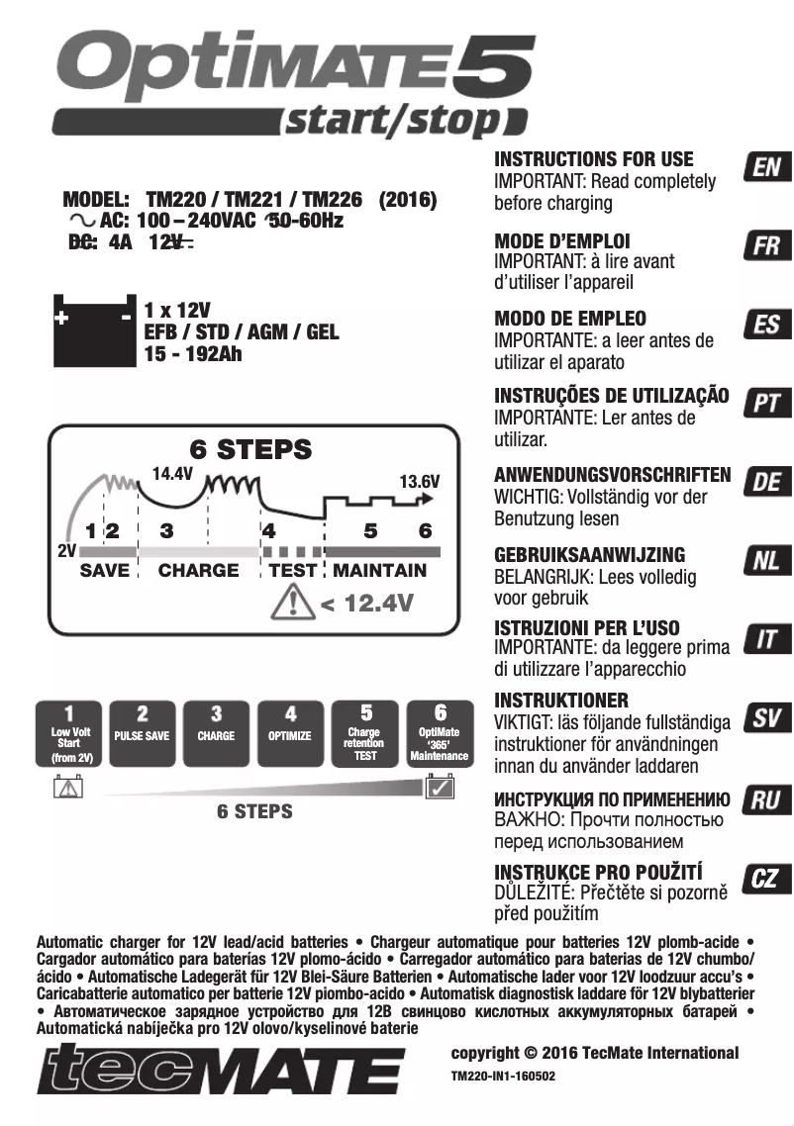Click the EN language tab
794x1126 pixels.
tap(766, 168)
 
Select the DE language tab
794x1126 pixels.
tap(766, 483)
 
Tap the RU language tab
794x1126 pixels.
tap(766, 799)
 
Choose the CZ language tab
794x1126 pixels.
tap(766, 878)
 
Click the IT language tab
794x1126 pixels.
tap(766, 640)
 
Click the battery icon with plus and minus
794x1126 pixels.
tap(93, 329)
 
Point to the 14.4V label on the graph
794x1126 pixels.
tap(172, 473)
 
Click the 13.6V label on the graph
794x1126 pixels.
tap(419, 482)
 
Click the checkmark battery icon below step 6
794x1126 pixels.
tap(439, 788)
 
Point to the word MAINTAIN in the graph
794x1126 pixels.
tap(380, 571)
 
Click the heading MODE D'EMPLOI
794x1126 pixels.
tap(561, 240)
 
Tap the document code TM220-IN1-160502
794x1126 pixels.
tap(503, 1074)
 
